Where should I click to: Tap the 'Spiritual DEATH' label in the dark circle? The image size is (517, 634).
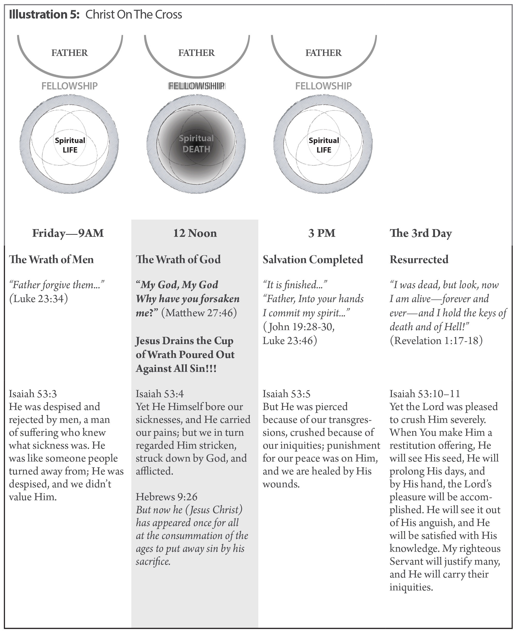pos(196,144)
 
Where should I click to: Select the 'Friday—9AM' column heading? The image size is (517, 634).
pos(68,233)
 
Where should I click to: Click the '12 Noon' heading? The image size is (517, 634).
pos(195,233)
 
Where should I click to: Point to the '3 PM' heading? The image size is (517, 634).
pos(322,233)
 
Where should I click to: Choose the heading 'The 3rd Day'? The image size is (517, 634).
pos(421,233)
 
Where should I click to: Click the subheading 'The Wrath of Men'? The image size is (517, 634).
pos(51,260)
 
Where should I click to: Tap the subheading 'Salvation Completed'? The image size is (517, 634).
pos(313,260)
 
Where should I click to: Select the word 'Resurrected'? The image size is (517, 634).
pos(419,260)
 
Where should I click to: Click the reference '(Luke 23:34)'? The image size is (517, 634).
pos(38,299)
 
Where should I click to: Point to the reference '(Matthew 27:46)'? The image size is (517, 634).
pos(199,313)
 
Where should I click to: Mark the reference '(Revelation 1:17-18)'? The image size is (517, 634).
pos(436,340)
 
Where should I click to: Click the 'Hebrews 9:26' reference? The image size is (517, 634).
pos(166,497)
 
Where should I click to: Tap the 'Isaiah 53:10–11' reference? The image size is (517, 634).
pos(425,394)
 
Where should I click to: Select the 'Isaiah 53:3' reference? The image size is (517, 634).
pos(33,394)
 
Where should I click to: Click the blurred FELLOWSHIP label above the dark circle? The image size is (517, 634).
pos(196,86)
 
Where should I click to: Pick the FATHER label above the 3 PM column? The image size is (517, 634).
pos(324,53)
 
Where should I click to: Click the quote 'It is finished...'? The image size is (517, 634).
pos(295,285)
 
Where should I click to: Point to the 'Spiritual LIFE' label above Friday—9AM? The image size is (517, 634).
pos(70,145)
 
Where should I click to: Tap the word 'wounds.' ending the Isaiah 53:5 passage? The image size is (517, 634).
pos(281,484)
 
